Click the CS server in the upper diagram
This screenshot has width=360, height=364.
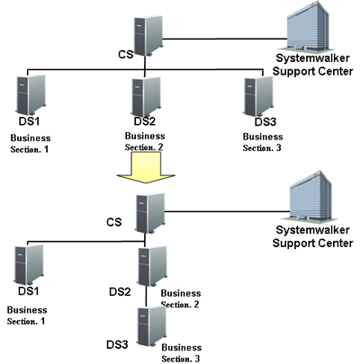tap(148, 36)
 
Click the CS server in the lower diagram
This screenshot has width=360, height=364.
tap(150, 213)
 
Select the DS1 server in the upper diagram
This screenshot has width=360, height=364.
tap(31, 95)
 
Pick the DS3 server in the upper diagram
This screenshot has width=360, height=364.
tap(259, 96)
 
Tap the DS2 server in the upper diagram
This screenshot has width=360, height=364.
tap(146, 96)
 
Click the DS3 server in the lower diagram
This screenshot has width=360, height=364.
tap(152, 326)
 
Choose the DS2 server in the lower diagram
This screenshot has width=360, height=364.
tap(152, 266)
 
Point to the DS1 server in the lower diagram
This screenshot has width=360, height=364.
tap(29, 265)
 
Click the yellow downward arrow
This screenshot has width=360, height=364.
tap(146, 168)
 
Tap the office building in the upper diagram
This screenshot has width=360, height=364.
tap(308, 26)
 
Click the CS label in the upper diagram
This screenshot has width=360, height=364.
tap(126, 55)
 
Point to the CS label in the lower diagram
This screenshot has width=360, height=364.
tap(114, 222)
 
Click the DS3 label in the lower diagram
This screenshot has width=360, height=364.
tap(117, 345)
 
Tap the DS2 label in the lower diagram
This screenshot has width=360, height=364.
tap(120, 292)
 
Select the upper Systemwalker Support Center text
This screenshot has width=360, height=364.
tap(312, 65)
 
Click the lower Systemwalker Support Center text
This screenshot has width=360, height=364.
tap(312, 236)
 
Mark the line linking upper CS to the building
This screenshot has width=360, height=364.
tap(225, 39)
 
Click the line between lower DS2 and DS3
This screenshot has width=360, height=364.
tap(147, 296)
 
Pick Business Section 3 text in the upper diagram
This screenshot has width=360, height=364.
tap(263, 142)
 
